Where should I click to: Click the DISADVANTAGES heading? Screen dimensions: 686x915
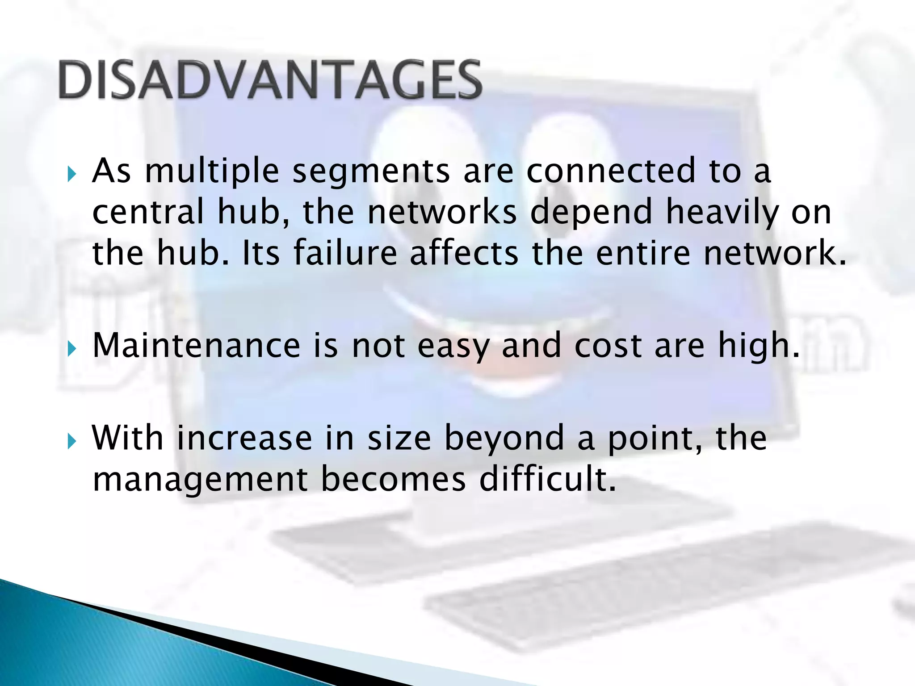click(270, 80)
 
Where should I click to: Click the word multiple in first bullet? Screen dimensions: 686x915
click(212, 171)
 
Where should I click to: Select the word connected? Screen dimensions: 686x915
click(611, 171)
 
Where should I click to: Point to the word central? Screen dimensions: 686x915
click(148, 212)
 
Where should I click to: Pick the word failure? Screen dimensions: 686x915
click(345, 253)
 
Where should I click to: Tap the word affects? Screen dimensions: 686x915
click(464, 253)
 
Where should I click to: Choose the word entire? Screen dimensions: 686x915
click(643, 253)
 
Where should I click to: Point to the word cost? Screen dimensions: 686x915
click(608, 346)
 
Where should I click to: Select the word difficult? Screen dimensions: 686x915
click(547, 479)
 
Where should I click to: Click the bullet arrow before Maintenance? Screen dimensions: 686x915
click(72, 349)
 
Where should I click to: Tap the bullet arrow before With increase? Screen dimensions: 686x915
click(72, 441)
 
